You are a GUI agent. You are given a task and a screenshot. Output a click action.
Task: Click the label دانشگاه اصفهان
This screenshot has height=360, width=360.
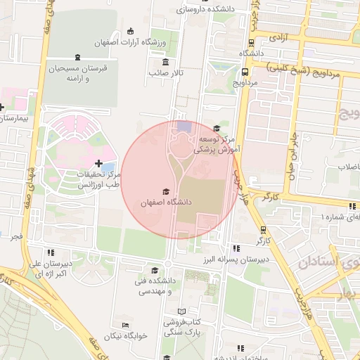[x=166, y=202]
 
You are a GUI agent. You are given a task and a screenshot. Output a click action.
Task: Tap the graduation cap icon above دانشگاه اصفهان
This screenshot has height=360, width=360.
[x=166, y=191]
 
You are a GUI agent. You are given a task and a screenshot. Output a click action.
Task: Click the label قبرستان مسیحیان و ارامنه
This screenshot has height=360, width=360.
[x=76, y=74]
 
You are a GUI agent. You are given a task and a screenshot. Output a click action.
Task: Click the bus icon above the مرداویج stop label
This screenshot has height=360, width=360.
[x=244, y=72]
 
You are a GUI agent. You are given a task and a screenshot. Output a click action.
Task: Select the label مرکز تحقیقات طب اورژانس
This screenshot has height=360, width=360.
[x=94, y=179]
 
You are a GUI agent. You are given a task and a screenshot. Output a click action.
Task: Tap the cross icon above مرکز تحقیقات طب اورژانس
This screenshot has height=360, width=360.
[x=98, y=163]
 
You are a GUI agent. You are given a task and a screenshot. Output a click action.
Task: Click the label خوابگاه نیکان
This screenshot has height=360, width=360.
[x=125, y=336]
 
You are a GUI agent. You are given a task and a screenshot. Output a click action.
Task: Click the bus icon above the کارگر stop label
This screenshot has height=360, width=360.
[x=263, y=230]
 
